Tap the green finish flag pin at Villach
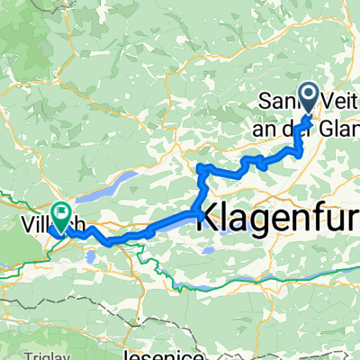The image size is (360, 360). click(x=61, y=216)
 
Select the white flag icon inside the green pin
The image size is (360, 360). click(x=61, y=214)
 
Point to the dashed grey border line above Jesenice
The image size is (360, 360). click(x=162, y=310)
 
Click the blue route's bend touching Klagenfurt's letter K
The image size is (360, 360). click(x=197, y=212)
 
